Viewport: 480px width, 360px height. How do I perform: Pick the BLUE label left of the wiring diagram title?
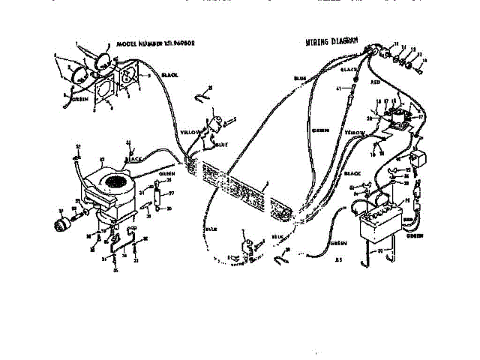(299, 77)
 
